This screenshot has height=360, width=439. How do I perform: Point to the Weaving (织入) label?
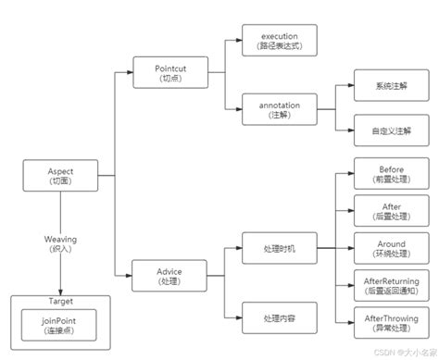(x=60, y=244)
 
